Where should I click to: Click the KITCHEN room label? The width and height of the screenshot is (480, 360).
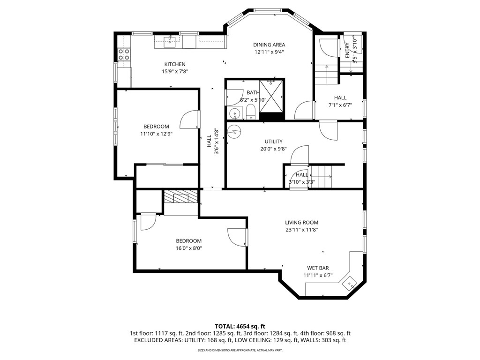(x=174, y=64)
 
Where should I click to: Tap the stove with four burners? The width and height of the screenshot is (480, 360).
(x=124, y=54)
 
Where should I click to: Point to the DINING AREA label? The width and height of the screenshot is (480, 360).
(x=269, y=45)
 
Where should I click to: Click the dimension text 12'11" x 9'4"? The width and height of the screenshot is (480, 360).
(x=269, y=52)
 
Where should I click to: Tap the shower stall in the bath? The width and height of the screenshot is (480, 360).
(x=271, y=96)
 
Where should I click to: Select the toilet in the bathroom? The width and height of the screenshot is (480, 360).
(x=250, y=112)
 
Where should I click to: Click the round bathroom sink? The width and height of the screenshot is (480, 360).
(x=234, y=113)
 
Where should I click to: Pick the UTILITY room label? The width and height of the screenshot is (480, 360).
(x=273, y=142)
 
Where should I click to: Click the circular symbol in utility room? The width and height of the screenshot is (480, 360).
(x=233, y=132)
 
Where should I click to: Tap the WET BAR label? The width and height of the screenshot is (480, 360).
(x=318, y=268)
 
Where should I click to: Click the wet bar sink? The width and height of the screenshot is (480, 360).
(x=350, y=283)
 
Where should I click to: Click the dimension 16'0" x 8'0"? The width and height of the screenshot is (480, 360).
(x=188, y=248)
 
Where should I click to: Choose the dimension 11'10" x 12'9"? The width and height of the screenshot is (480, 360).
(x=156, y=134)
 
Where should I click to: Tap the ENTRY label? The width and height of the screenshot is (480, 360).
(x=347, y=50)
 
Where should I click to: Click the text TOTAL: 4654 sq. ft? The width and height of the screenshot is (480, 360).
(x=240, y=326)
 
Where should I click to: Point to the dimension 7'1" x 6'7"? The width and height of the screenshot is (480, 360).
(x=340, y=105)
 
